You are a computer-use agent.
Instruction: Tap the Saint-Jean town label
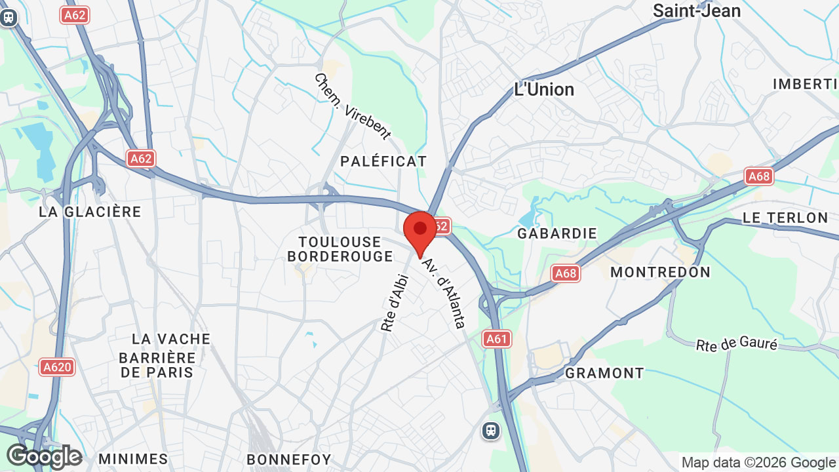pos(697,10)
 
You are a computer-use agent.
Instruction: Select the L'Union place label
pos(544,90)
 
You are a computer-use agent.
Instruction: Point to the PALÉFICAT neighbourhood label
pos(383,161)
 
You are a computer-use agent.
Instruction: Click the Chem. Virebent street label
pos(352,106)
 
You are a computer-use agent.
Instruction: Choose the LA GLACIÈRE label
pos(90,212)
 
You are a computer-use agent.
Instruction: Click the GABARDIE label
pos(557,233)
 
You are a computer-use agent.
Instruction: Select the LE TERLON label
pos(785,218)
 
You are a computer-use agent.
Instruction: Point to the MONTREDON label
pos(660,272)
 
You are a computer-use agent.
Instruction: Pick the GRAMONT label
pos(604,373)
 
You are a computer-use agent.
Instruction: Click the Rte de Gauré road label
pos(736,344)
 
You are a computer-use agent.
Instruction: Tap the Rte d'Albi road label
pos(396,302)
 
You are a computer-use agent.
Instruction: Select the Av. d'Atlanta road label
pos(444,293)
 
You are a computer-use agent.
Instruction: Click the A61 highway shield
pos(497,339)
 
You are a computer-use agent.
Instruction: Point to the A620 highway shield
pos(57,367)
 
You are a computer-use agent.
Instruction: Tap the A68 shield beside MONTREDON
pos(566,273)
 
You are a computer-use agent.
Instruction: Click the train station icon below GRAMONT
pos(490,431)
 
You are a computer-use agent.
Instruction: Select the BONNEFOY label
pos(289,460)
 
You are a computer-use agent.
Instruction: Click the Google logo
pos(44,456)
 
